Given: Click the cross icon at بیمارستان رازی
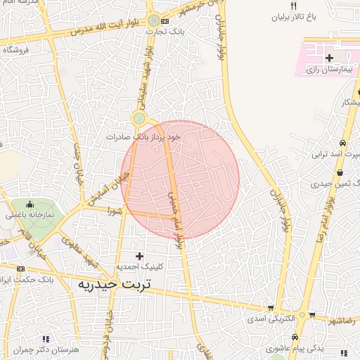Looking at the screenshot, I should point(329,56).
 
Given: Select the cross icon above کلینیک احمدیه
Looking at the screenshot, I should point(139,256).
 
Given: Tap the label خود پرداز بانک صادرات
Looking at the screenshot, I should point(143,136).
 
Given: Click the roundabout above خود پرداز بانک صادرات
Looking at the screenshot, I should point(139,118).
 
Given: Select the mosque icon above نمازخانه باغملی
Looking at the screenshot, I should point(33,202).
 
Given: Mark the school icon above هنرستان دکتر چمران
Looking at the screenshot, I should point(46,338).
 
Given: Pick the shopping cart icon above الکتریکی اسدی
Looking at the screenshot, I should point(271,308).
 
